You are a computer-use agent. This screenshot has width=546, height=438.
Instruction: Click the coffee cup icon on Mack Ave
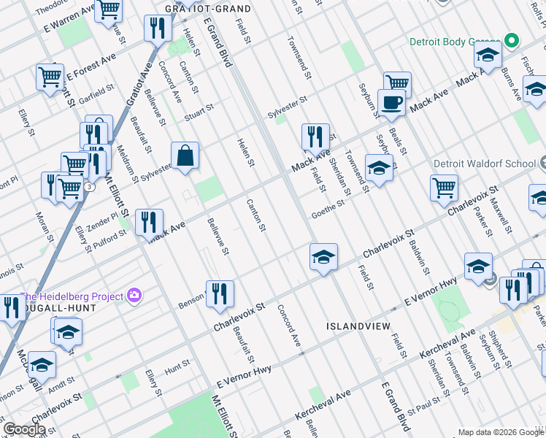[x=391, y=102]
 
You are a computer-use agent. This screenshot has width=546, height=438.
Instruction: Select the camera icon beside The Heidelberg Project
[x=134, y=296]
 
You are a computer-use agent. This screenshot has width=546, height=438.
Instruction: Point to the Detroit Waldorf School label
[x=484, y=164]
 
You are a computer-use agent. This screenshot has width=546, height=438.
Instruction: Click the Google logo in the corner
[x=24, y=429]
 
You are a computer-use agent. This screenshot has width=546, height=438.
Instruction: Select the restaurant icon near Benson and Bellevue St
[x=220, y=293]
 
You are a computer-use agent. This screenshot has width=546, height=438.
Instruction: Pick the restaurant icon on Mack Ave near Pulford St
[x=149, y=222]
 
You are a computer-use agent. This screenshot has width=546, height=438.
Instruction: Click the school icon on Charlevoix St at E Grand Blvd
[x=323, y=256]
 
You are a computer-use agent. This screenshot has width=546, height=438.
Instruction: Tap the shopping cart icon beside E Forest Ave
[x=50, y=77]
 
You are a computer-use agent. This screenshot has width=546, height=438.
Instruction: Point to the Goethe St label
[x=328, y=207]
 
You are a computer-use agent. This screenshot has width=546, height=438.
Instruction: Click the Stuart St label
[x=199, y=110]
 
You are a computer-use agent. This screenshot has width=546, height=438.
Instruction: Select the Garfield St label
[x=96, y=92]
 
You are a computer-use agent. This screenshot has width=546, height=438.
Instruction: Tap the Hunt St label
[x=177, y=363]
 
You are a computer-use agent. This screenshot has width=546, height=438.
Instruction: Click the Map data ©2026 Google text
[x=500, y=431]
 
